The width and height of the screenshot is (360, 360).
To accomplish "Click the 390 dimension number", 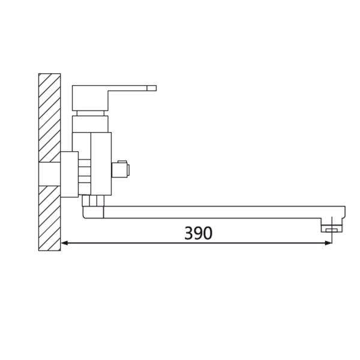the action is pos(199,233).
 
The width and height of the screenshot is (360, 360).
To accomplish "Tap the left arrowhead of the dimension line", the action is pos(64,243).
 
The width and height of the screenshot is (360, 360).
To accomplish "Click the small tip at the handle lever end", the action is pos(152,88).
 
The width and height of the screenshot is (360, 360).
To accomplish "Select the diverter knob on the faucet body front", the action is pos(121,169).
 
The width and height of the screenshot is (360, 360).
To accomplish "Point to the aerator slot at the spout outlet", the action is pos(332,230).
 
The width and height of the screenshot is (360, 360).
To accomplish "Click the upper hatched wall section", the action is pos(50,118).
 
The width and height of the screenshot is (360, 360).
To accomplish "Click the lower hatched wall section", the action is pos(50,218).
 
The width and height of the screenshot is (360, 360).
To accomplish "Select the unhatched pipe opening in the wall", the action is pos(50,174).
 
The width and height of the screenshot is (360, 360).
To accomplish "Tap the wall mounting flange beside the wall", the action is pos(70,174).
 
